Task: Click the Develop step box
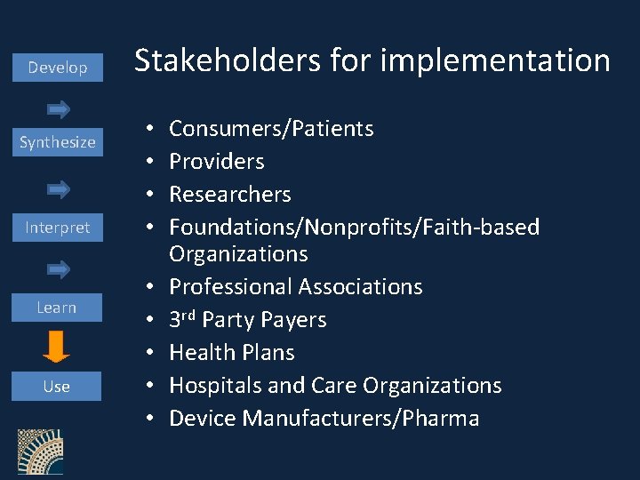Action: click(58, 68)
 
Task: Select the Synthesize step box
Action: click(58, 142)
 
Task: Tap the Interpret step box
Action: click(58, 228)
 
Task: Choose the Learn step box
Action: click(57, 308)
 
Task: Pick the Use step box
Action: click(57, 387)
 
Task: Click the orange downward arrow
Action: click(56, 347)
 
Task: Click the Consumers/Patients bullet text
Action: click(271, 129)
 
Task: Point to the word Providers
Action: click(217, 162)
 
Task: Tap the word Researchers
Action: click(230, 195)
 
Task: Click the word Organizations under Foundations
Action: click(238, 254)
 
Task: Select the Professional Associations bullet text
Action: click(296, 287)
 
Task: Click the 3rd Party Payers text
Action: click(248, 320)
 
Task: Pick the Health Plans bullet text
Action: click(232, 353)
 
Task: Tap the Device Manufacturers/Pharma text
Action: click(324, 419)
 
